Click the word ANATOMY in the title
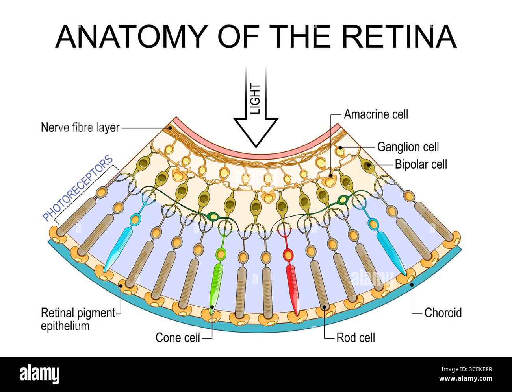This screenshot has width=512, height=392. pyautogui.click(x=130, y=37)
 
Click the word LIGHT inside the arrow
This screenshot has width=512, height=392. pyautogui.click(x=256, y=99)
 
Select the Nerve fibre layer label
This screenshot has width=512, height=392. pyautogui.click(x=80, y=128)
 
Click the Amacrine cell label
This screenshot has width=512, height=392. pyautogui.click(x=376, y=114)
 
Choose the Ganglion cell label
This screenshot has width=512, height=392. pyautogui.click(x=408, y=147)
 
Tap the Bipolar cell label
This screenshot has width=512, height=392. pyautogui.click(x=421, y=164)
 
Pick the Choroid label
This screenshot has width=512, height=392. pyautogui.click(x=443, y=313)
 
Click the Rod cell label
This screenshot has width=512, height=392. pyautogui.click(x=355, y=337)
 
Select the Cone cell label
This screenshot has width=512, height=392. pyautogui.click(x=178, y=337)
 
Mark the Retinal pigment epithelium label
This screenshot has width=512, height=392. pyautogui.click(x=78, y=319)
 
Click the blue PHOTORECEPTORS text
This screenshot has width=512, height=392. pyautogui.click(x=78, y=189)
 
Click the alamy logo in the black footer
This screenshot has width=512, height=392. pyautogui.click(x=41, y=374)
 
